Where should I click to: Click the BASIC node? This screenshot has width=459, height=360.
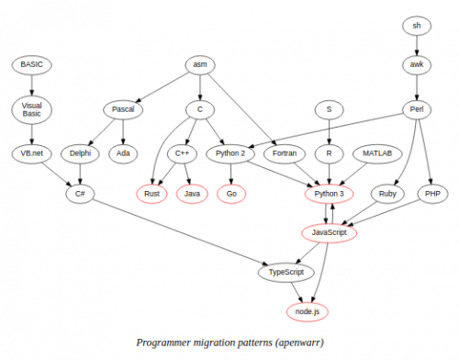pos(31,64)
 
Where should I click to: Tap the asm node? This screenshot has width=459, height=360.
pos(199,64)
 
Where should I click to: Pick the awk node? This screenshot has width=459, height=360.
pos(415,64)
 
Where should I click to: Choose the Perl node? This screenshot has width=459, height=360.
pos(415,108)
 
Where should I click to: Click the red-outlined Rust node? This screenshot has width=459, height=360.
pos(153,194)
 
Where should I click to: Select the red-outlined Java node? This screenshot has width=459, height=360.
pos(192,194)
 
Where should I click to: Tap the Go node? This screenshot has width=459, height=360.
pos(230,194)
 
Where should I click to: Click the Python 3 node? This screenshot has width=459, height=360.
pos(328,194)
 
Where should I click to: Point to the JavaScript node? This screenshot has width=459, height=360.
pos(328,233)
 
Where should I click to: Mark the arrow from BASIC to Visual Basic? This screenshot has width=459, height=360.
pos(31,84)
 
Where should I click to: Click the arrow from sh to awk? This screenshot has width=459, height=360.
pos(415,44)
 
